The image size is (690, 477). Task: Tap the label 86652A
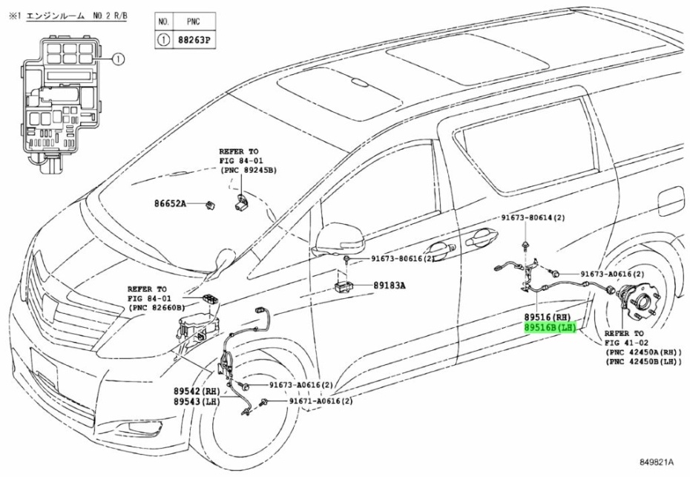pyautogui.click(x=170, y=203)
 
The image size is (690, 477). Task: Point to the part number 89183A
pyautogui.click(x=390, y=284)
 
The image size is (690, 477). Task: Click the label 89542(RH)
pyautogui.click(x=198, y=390)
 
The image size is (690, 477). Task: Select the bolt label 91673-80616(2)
pyautogui.click(x=403, y=260)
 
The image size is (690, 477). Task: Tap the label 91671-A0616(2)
pyautogui.click(x=321, y=401)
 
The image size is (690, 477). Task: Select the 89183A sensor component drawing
pyautogui.click(x=344, y=284)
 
